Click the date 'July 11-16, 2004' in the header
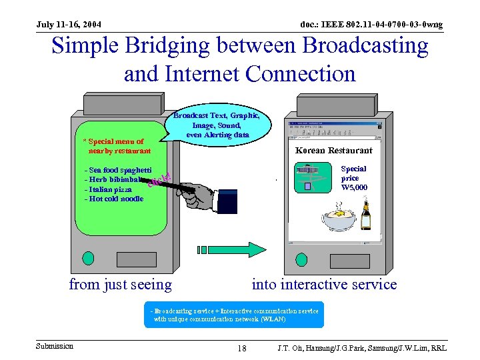(69, 25)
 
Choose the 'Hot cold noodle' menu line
(114, 198)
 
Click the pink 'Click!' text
(159, 179)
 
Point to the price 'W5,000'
(353, 187)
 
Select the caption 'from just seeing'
(121, 285)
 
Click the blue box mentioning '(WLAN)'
(234, 315)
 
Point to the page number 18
(242, 349)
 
